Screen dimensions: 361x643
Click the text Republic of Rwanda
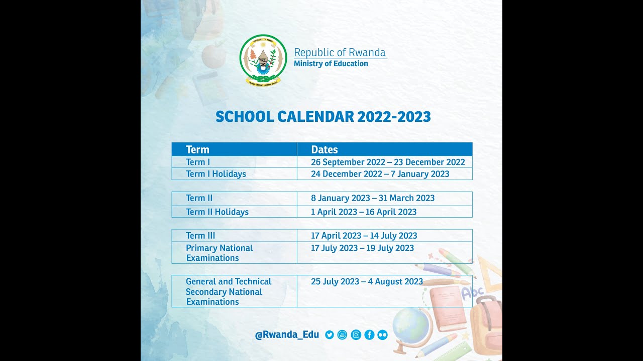(x=340, y=53)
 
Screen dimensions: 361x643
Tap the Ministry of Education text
(x=331, y=64)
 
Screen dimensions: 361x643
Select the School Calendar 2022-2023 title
(x=323, y=117)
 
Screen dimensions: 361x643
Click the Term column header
(x=197, y=149)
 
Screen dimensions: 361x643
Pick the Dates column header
(x=325, y=149)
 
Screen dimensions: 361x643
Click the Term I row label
(x=198, y=162)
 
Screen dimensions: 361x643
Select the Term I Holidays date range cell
(x=380, y=174)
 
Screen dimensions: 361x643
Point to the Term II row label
(x=199, y=198)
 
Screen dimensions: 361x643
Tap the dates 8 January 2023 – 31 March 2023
(x=372, y=198)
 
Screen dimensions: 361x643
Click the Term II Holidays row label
(x=217, y=212)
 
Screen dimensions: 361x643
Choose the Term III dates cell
(x=364, y=236)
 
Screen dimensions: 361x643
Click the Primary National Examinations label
(x=219, y=253)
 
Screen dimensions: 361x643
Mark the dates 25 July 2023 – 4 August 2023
(x=367, y=282)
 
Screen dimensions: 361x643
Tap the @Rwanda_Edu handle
(x=287, y=335)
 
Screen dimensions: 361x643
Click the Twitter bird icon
(x=330, y=335)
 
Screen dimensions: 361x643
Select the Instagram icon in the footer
(x=356, y=335)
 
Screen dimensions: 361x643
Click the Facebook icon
(x=369, y=335)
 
